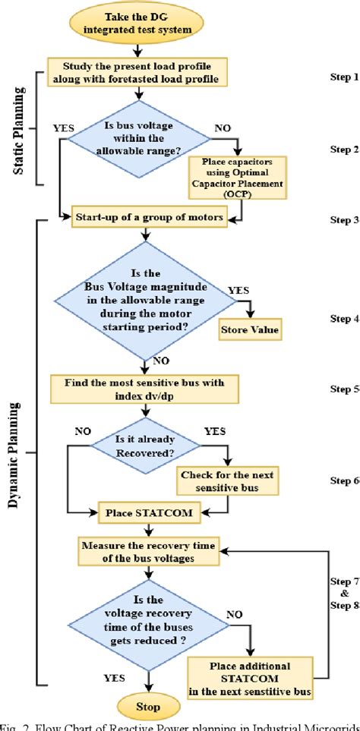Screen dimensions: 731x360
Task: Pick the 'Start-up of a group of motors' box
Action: tap(149, 218)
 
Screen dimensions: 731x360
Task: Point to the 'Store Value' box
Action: tap(251, 330)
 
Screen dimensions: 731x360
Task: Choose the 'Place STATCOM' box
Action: tap(137, 513)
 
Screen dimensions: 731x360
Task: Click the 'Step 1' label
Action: tap(344, 77)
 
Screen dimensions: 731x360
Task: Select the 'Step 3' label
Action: tap(344, 220)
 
